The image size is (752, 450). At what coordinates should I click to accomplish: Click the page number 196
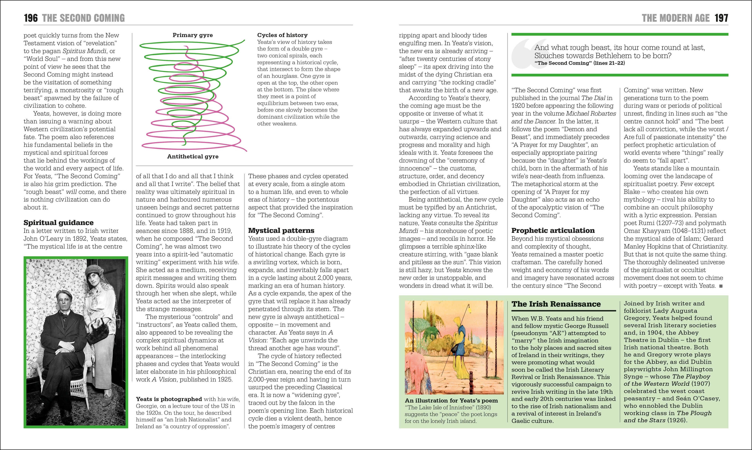point(31,18)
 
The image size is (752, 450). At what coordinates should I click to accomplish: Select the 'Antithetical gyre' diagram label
point(193,156)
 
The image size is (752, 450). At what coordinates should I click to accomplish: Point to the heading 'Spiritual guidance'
point(59,223)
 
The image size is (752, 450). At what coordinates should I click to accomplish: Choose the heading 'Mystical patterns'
point(281,230)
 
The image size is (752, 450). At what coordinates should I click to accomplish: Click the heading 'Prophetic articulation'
point(553,230)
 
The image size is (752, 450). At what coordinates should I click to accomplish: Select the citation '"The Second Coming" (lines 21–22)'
point(579,63)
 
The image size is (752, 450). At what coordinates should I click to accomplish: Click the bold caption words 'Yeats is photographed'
point(169,399)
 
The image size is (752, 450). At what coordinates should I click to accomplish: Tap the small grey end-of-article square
point(721,286)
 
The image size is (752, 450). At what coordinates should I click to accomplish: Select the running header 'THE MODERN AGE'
point(675,18)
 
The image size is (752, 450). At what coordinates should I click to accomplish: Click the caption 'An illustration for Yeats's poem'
point(451,401)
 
